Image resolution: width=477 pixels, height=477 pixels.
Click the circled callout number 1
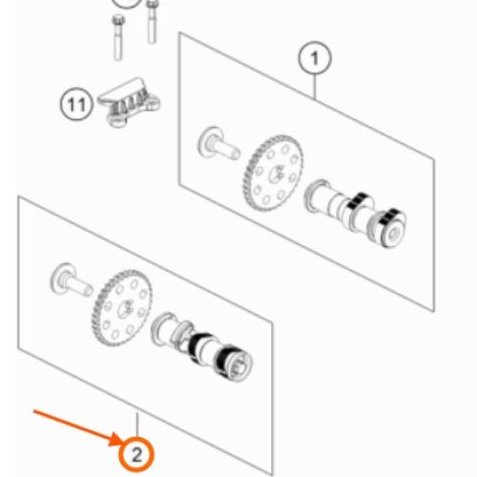[x=315, y=58]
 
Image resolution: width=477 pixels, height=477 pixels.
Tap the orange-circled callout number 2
[x=136, y=454]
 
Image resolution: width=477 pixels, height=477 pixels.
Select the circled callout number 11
[x=76, y=104]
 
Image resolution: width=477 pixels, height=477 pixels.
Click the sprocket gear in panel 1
[x=274, y=174]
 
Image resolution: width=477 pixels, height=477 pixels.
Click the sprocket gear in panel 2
[x=122, y=308]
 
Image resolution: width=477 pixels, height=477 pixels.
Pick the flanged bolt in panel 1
[x=218, y=144]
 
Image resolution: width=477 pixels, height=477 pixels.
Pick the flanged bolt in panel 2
[x=72, y=280]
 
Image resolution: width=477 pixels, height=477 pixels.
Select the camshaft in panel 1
[x=355, y=213]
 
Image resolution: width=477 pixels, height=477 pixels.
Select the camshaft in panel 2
[x=202, y=347]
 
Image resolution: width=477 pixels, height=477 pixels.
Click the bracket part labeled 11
[x=129, y=102]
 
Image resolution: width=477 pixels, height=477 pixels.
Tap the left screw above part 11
[x=118, y=37]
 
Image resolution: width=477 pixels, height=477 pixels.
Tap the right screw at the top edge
[x=152, y=22]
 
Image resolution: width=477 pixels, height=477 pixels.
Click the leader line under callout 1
[x=315, y=87]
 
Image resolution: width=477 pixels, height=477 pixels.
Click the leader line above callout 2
[x=137, y=425]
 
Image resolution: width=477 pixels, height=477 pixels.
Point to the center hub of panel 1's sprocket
[x=276, y=174]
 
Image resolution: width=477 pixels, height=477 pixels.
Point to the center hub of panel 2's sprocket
[x=125, y=309]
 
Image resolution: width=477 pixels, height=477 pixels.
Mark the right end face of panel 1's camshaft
[x=394, y=234]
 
